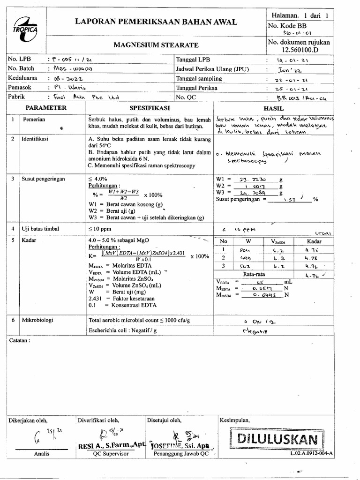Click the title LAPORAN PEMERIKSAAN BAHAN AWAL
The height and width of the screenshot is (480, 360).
pyautogui.click(x=157, y=22)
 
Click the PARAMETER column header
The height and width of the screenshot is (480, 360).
pyautogui.click(x=46, y=108)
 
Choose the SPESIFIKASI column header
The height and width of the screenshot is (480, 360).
pyautogui.click(x=149, y=108)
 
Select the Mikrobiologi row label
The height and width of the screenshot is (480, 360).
pyautogui.click(x=38, y=320)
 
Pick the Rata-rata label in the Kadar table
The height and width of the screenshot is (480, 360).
pyautogui.click(x=255, y=274)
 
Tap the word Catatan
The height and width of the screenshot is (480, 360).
pyautogui.click(x=20, y=341)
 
